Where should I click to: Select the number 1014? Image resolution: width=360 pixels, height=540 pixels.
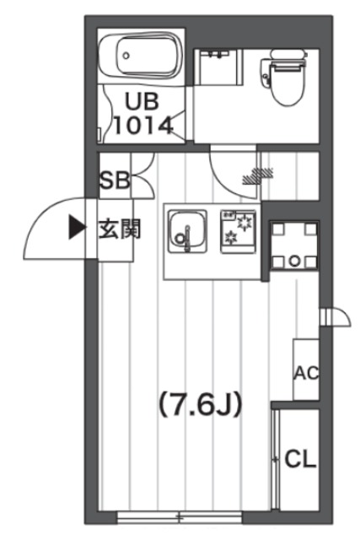click(x=142, y=126)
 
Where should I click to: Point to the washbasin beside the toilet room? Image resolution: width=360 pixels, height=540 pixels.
click(x=219, y=66)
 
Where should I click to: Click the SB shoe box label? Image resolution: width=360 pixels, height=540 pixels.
click(x=114, y=179)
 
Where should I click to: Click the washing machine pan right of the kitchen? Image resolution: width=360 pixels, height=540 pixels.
click(x=293, y=249)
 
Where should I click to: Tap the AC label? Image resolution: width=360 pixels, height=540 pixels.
click(x=304, y=372)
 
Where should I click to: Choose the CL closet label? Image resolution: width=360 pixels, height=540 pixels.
click(x=300, y=459)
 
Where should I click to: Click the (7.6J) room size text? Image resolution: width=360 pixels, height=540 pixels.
click(x=200, y=405)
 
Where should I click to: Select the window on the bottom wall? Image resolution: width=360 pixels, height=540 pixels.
click(x=180, y=516)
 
